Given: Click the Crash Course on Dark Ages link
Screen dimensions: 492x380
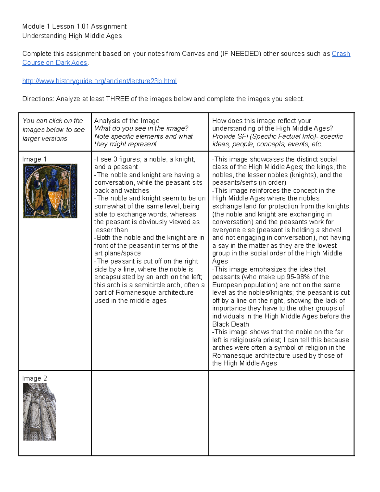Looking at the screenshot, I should click(341, 54).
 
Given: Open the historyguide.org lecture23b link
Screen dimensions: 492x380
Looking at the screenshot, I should click(99, 81).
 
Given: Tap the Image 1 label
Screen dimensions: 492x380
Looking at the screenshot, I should click(34, 159).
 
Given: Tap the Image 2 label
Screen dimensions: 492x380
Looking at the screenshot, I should click(34, 379).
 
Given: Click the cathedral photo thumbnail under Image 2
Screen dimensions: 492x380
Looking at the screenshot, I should click(39, 412).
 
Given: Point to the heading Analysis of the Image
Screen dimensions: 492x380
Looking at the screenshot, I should click(127, 121).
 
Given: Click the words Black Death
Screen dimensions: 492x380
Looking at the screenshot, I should click(231, 324).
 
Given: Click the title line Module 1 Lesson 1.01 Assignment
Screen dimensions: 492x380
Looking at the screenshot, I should click(74, 26).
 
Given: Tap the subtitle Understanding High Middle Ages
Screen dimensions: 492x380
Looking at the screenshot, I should click(72, 36).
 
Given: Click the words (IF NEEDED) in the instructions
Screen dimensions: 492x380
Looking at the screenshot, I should click(240, 54).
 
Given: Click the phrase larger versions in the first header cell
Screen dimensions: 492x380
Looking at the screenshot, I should click(45, 139).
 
